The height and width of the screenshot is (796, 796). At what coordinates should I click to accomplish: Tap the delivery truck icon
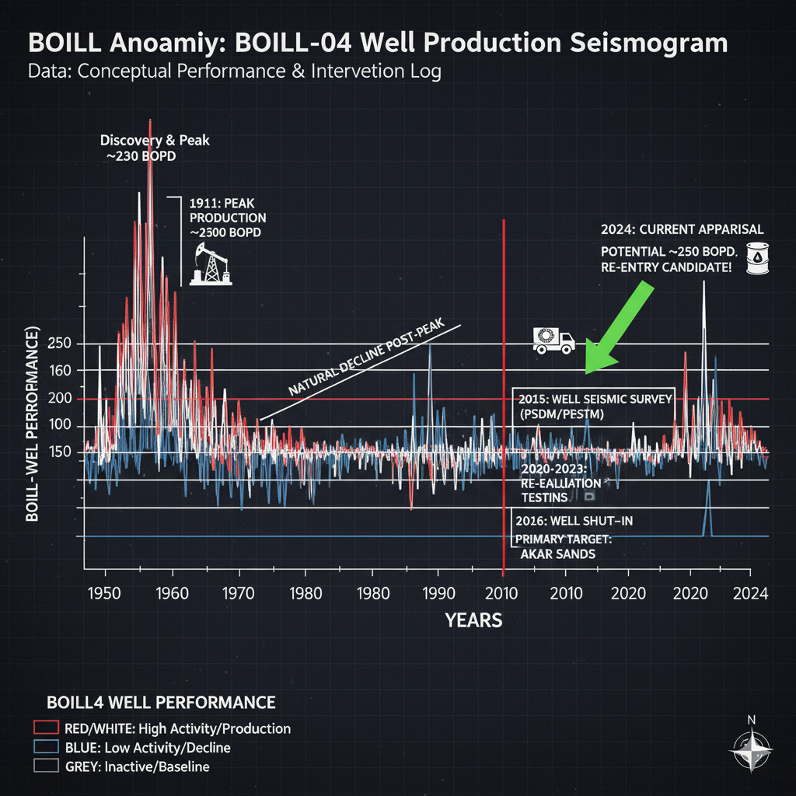553,340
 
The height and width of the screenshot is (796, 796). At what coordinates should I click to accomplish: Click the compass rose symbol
750,752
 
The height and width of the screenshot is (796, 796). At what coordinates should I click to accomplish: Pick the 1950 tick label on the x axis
105,593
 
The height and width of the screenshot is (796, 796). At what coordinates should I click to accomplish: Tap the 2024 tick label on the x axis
751,593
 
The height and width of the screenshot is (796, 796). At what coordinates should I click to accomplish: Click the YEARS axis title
473,620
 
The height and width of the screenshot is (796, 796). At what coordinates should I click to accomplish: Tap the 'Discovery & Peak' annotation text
155,141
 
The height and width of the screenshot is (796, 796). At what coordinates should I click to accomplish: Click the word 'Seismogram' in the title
649,42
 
